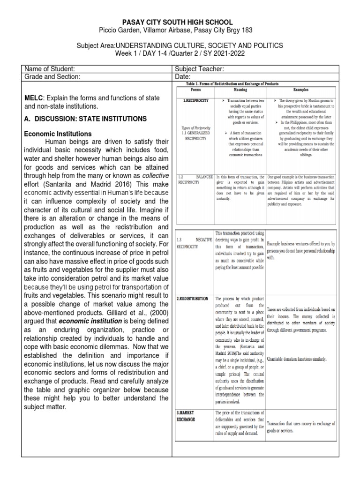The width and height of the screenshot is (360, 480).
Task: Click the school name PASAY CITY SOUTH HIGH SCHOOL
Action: (x=180, y=22)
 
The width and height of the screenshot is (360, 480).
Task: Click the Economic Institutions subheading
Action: (x=58, y=134)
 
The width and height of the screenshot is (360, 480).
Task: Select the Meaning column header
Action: (x=240, y=89)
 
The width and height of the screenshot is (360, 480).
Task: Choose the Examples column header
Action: (x=301, y=89)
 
